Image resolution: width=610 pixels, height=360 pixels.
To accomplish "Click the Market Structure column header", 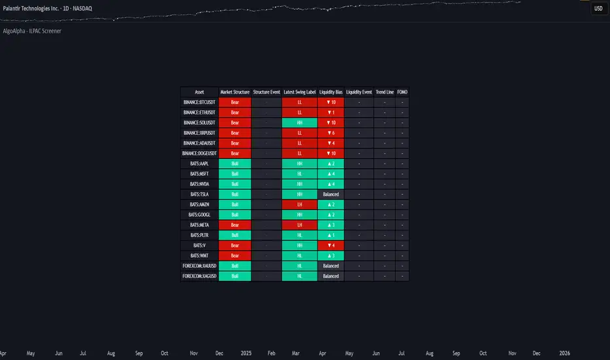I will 235,92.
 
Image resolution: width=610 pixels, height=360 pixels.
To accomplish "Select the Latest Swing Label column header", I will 299,92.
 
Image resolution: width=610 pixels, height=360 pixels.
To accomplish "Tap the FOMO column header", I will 402,92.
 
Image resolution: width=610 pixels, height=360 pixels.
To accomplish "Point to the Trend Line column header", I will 385,92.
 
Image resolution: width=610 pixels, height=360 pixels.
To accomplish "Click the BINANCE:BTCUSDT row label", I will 200,103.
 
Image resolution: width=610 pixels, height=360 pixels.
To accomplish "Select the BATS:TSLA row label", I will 200,194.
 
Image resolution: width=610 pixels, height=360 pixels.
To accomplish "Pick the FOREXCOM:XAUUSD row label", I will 200,266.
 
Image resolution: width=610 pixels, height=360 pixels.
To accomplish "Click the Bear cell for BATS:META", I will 235,225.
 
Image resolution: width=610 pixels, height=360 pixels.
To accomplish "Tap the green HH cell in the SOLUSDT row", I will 299,122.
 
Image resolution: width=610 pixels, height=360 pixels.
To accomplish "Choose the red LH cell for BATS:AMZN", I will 299,205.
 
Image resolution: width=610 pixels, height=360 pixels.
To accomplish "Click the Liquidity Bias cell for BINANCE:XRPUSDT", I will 331,133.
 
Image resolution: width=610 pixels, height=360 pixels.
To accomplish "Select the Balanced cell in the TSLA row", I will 331,194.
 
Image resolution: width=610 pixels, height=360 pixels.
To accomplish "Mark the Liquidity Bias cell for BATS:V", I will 331,245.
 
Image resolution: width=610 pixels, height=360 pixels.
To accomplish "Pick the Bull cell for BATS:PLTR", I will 235,235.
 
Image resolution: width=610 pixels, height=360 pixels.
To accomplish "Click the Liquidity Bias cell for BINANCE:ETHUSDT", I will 331,113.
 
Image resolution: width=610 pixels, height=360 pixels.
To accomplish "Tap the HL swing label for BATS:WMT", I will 299,255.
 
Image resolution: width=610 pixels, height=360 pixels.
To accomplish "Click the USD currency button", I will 598,9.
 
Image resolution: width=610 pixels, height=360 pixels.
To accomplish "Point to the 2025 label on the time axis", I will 246,353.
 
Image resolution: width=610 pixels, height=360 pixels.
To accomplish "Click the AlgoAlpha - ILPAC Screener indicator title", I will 32,31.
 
